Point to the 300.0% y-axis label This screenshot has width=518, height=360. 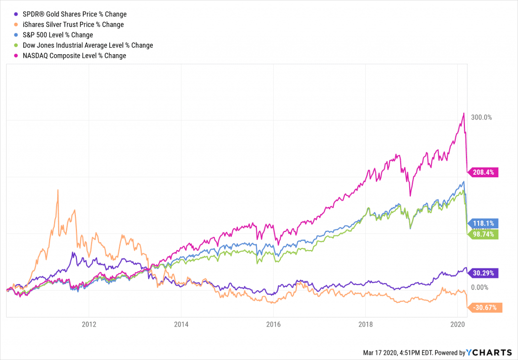(x=482, y=117)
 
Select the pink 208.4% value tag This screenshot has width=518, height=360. (x=484, y=172)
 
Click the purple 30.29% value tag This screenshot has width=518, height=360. (x=484, y=273)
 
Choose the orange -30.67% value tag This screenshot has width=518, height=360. (x=485, y=307)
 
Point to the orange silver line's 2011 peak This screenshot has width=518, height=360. (x=58, y=190)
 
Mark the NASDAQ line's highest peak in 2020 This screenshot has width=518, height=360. (x=463, y=113)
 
